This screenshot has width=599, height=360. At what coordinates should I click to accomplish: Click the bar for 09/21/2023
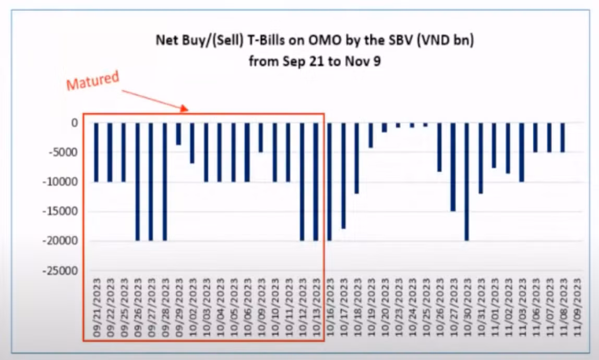pyautogui.click(x=97, y=152)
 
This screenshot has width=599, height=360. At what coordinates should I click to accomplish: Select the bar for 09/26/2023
pyautogui.click(x=138, y=182)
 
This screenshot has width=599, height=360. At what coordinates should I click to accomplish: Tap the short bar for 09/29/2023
pyautogui.click(x=178, y=134)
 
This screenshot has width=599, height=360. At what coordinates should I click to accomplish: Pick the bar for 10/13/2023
pyautogui.click(x=316, y=182)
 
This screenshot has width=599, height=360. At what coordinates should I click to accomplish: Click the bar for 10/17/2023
pyautogui.click(x=343, y=176)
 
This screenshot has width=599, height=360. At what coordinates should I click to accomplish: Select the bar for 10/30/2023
pyautogui.click(x=466, y=182)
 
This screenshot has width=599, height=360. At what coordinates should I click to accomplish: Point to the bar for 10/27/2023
pyautogui.click(x=453, y=167)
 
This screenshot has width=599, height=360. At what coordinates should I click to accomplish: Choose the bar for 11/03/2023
pyautogui.click(x=521, y=152)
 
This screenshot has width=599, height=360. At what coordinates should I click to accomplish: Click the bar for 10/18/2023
pyautogui.click(x=357, y=158)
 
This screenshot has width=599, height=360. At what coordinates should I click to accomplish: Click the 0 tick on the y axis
pyautogui.click(x=75, y=123)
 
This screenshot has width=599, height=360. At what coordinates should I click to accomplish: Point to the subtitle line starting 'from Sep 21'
pyautogui.click(x=314, y=61)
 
